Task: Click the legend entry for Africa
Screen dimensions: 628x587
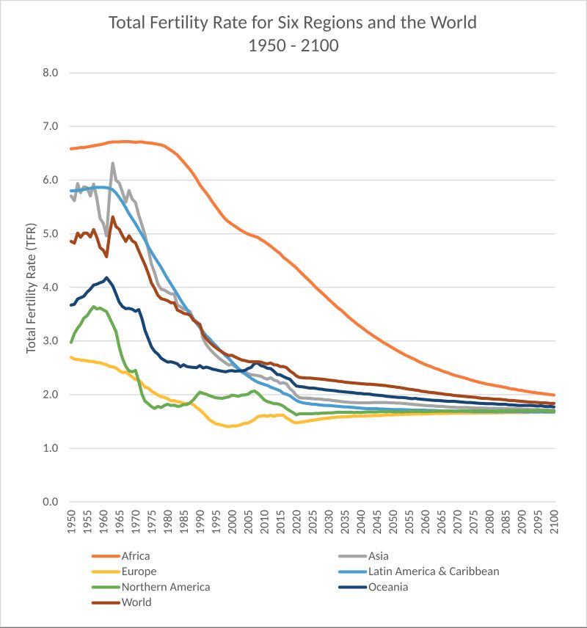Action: coord(136,556)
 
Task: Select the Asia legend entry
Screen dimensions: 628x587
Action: coord(379,556)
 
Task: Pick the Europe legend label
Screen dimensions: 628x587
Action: coord(139,572)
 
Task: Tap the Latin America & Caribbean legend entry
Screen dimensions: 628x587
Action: coord(433,572)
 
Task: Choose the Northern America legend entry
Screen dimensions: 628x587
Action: coord(166,587)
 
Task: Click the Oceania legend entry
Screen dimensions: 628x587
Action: coord(388,587)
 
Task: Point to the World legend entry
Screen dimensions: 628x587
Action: coord(136,602)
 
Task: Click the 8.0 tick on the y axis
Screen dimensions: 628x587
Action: coord(50,73)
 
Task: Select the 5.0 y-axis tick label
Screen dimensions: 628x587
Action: coord(50,234)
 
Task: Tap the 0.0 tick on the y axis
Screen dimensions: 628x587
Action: coord(50,502)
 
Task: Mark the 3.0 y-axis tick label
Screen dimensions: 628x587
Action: coord(50,341)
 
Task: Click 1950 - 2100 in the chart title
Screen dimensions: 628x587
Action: coord(293,45)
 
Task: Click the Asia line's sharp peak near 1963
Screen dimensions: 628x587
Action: coord(113,164)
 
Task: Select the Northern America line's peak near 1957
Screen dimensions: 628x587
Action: coord(93,307)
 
